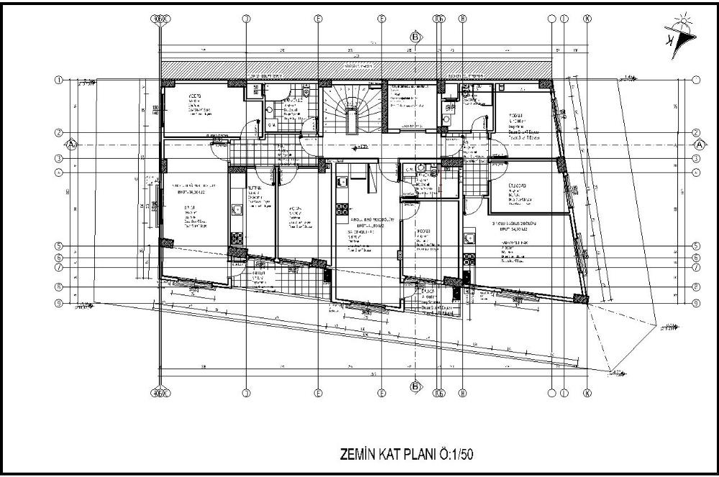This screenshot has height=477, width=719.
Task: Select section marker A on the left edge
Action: click(x=71, y=144)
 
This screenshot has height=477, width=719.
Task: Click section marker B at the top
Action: click(x=415, y=37)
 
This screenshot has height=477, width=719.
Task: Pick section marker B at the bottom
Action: click(x=415, y=386)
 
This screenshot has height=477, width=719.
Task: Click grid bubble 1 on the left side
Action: click(x=60, y=80)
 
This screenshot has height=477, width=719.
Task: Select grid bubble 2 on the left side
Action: click(x=60, y=133)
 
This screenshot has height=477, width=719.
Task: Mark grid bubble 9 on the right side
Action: click(x=697, y=303)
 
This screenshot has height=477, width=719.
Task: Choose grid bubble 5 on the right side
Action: click(x=697, y=246)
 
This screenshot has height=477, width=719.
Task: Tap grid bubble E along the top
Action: click(x=317, y=19)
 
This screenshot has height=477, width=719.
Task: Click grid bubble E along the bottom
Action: click(x=317, y=393)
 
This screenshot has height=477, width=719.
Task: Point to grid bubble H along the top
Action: click(x=463, y=19)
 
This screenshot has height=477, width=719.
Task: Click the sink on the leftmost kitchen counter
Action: click(x=236, y=210)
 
